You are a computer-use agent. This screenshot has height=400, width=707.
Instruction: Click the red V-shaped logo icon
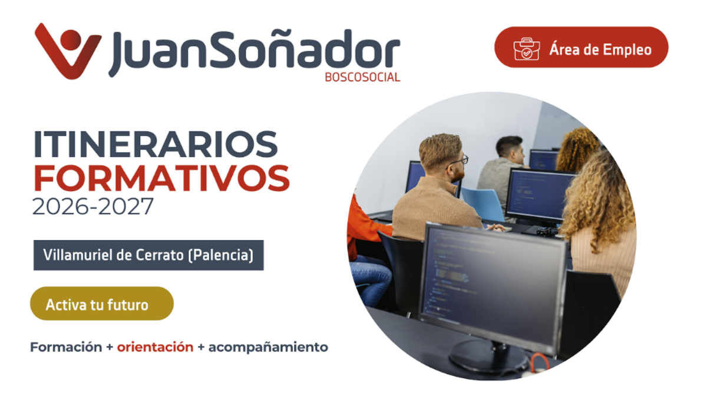[x=68, y=52]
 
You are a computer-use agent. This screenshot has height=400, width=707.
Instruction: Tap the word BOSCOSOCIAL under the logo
[x=362, y=77]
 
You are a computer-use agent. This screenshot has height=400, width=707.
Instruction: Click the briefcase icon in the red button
[x=527, y=49]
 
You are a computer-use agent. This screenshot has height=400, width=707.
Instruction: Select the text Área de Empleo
[x=600, y=49]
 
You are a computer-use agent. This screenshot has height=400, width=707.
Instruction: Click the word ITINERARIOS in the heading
[x=156, y=144]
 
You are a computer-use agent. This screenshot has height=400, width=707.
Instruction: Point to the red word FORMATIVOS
[x=161, y=178]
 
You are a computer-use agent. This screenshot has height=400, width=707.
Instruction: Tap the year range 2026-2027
[x=93, y=206]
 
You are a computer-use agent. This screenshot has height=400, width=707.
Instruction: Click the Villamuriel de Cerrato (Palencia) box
[x=148, y=255]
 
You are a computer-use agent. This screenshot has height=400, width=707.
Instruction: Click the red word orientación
[x=156, y=347]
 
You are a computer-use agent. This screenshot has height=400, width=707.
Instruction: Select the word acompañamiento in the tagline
[x=268, y=348]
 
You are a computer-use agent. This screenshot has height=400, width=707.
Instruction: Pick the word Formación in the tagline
[x=66, y=347]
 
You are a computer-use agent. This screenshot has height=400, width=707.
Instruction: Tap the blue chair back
[x=483, y=204]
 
